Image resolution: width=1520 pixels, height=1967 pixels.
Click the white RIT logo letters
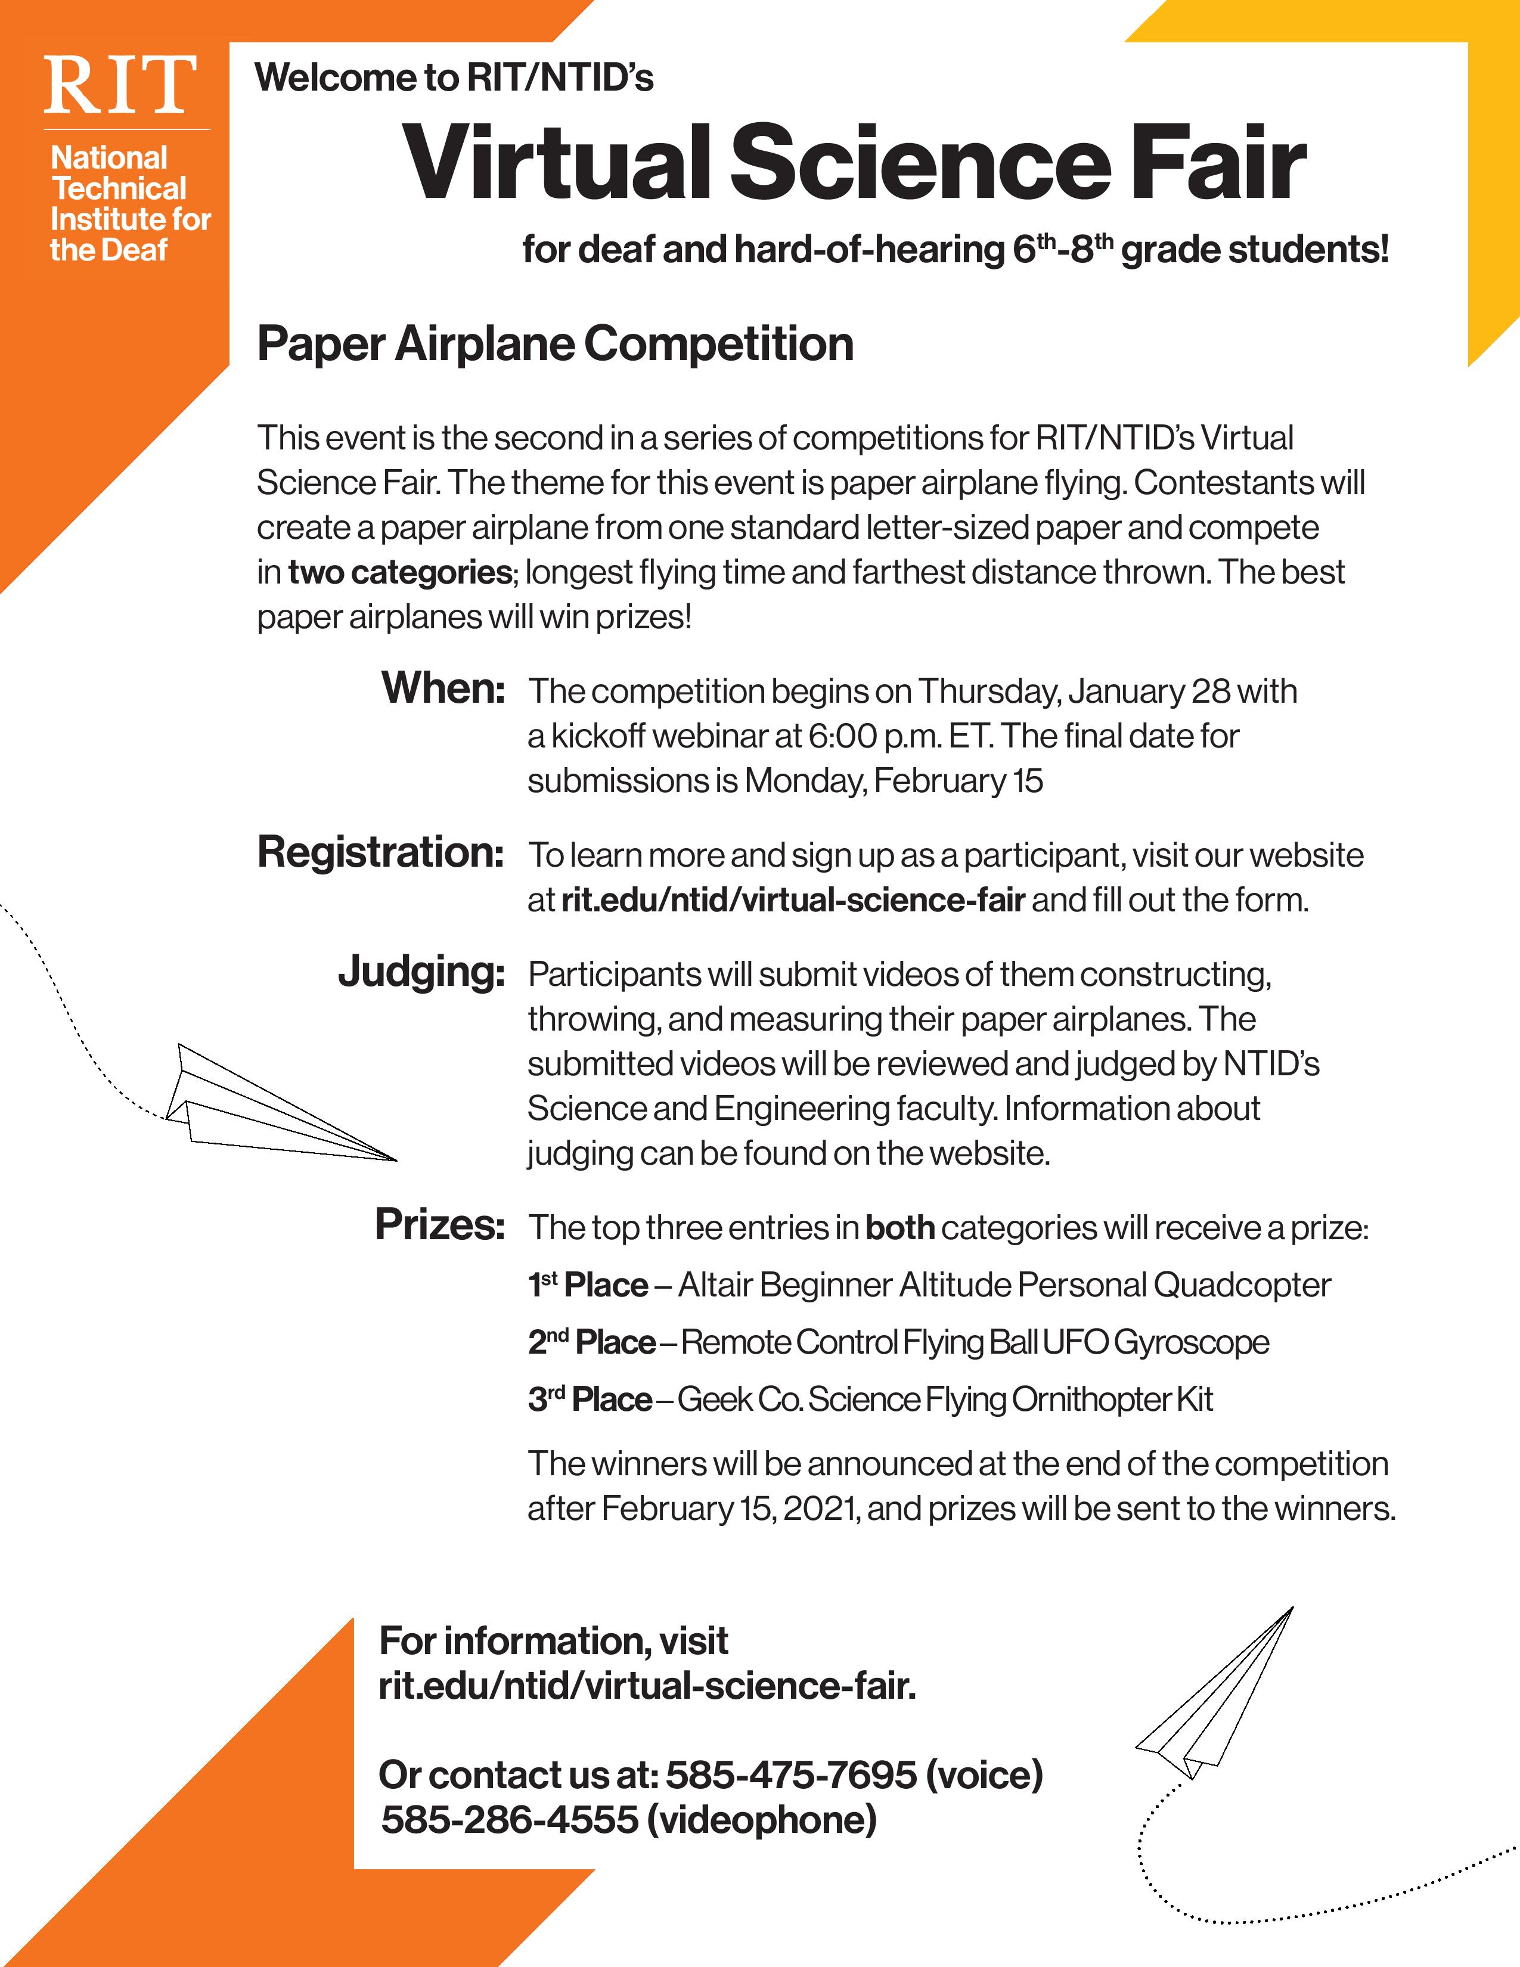coord(120,86)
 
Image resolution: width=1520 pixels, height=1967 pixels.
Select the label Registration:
coord(380,852)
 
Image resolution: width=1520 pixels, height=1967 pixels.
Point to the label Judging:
coord(421,972)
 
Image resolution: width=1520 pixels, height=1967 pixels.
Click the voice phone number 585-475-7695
coord(790,1775)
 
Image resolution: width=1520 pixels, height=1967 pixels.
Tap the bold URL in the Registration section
coord(792,899)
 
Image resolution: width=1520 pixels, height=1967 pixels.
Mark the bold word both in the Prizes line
coord(899,1227)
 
